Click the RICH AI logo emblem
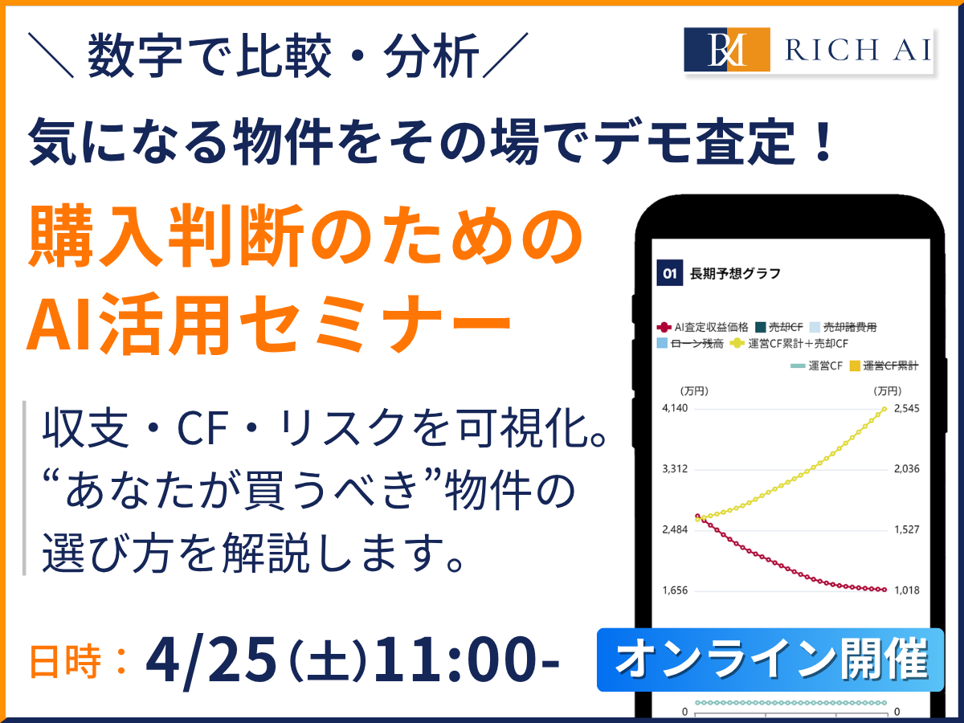[727, 50]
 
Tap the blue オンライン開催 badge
[770, 660]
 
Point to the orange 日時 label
[68, 663]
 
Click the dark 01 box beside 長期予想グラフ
[668, 273]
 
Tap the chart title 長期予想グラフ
[735, 273]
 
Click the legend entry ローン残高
[690, 344]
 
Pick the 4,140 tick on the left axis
[676, 408]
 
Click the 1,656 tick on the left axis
[676, 590]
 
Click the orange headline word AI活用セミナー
[269, 324]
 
